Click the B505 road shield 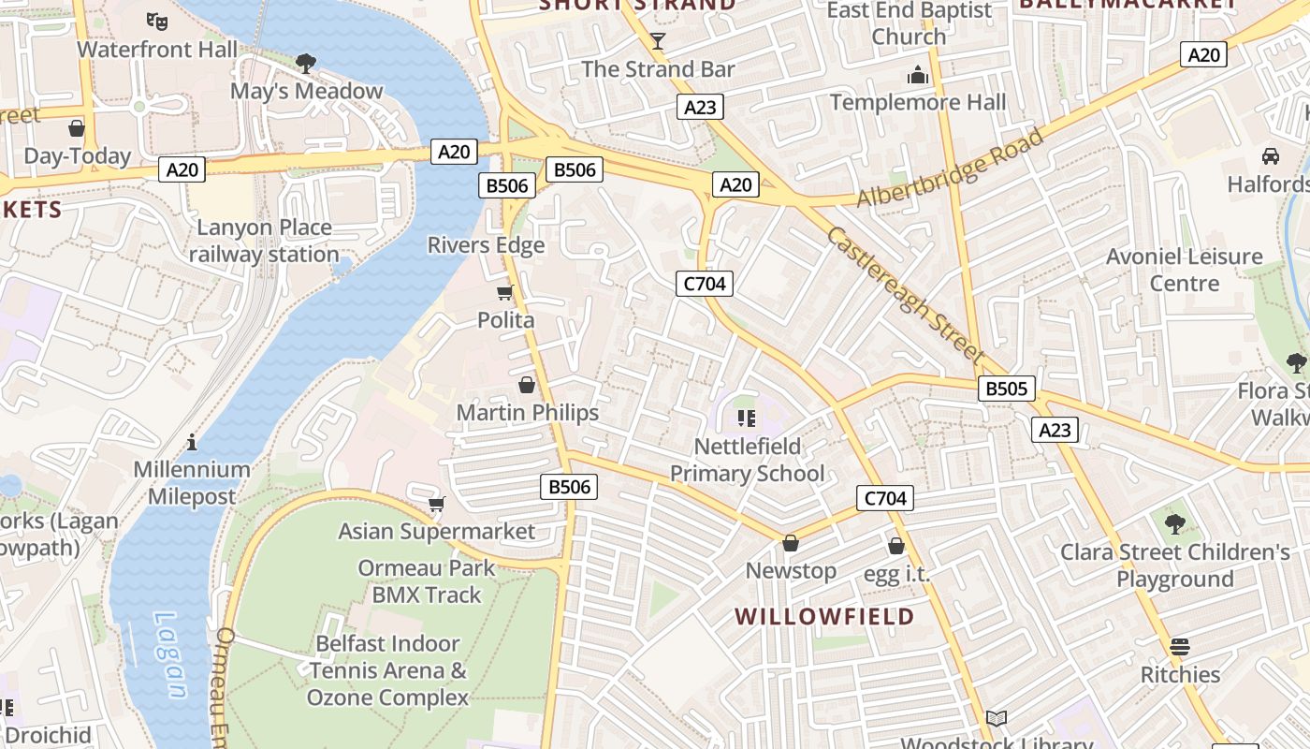point(1007,389)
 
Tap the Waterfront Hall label point(157,49)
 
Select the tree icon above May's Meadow point(305,64)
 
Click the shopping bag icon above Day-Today point(77,127)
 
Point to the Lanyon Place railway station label point(264,241)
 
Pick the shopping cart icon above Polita point(505,292)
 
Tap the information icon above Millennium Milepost point(192,441)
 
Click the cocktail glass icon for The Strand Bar point(658,40)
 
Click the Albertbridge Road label point(950,169)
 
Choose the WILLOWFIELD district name point(824,616)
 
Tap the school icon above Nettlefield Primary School point(746,418)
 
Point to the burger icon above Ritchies point(1179,646)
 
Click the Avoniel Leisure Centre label point(1184,270)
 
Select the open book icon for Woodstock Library point(997,718)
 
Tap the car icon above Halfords point(1270,155)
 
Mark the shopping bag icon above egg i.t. point(895,546)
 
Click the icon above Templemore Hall point(918,75)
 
